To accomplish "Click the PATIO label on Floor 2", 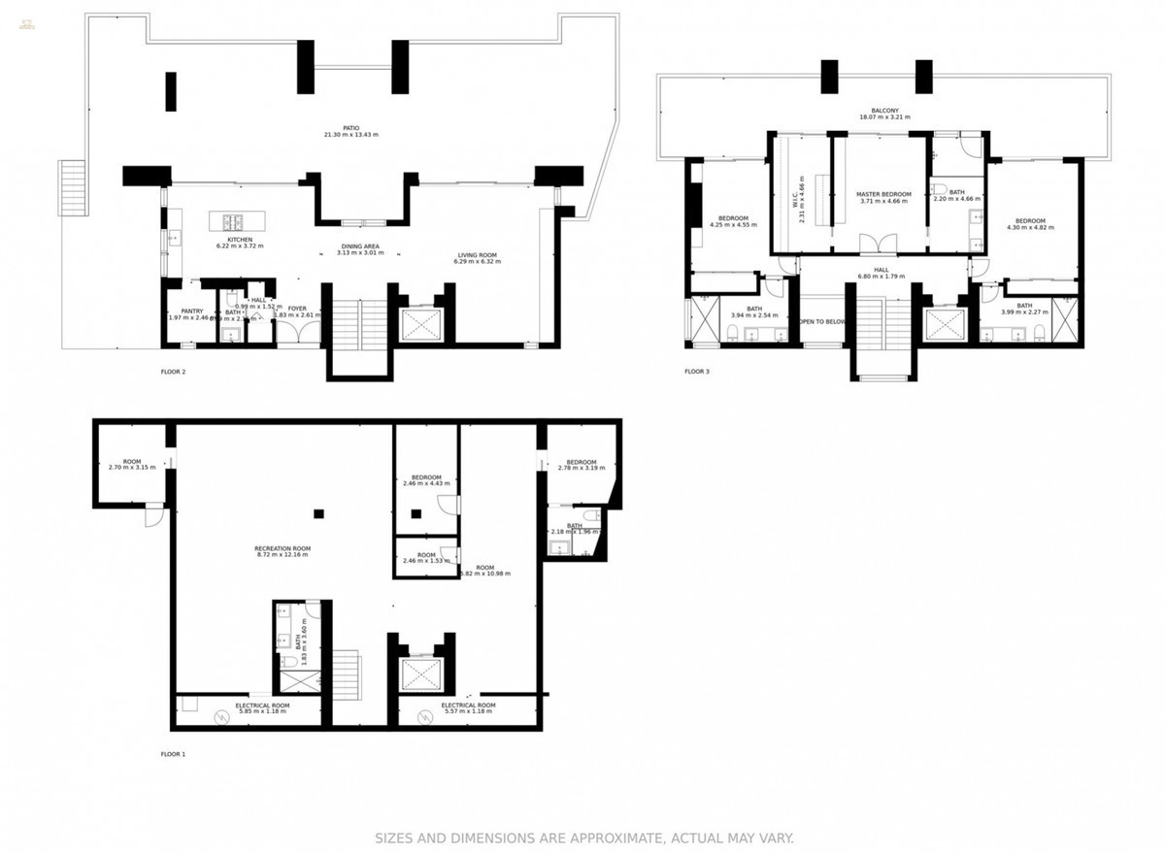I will click(x=350, y=130).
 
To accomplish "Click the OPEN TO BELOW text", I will click(x=821, y=321).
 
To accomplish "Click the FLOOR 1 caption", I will click(x=173, y=753).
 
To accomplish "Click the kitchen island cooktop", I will click(x=234, y=220).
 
